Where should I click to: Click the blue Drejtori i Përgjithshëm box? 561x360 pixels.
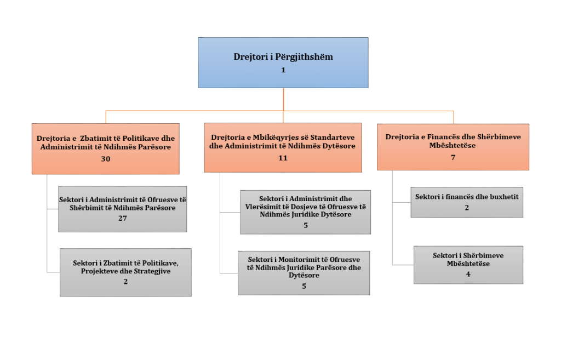(x=283, y=62)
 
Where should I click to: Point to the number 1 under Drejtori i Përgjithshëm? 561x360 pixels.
(x=283, y=70)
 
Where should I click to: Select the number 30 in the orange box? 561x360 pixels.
(x=106, y=159)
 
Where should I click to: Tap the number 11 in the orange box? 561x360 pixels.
(x=283, y=158)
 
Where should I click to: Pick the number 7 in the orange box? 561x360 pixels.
(x=453, y=157)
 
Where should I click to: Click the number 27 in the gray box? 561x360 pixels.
(x=123, y=218)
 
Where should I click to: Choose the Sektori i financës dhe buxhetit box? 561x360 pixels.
(x=467, y=202)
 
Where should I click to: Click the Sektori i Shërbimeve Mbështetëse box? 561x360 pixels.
(x=468, y=265)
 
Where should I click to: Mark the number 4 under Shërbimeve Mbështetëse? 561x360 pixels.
(x=468, y=274)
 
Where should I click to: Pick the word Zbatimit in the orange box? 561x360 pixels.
(x=94, y=139)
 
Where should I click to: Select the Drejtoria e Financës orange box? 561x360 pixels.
(x=453, y=147)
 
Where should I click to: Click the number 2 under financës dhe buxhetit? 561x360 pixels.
(x=467, y=208)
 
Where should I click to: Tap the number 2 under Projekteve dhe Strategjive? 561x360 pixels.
(x=125, y=282)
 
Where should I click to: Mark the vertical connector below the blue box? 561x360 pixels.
(x=283, y=100)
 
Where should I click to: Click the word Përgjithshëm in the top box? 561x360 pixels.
(x=304, y=57)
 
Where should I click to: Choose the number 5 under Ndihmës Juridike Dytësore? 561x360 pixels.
(x=306, y=225)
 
